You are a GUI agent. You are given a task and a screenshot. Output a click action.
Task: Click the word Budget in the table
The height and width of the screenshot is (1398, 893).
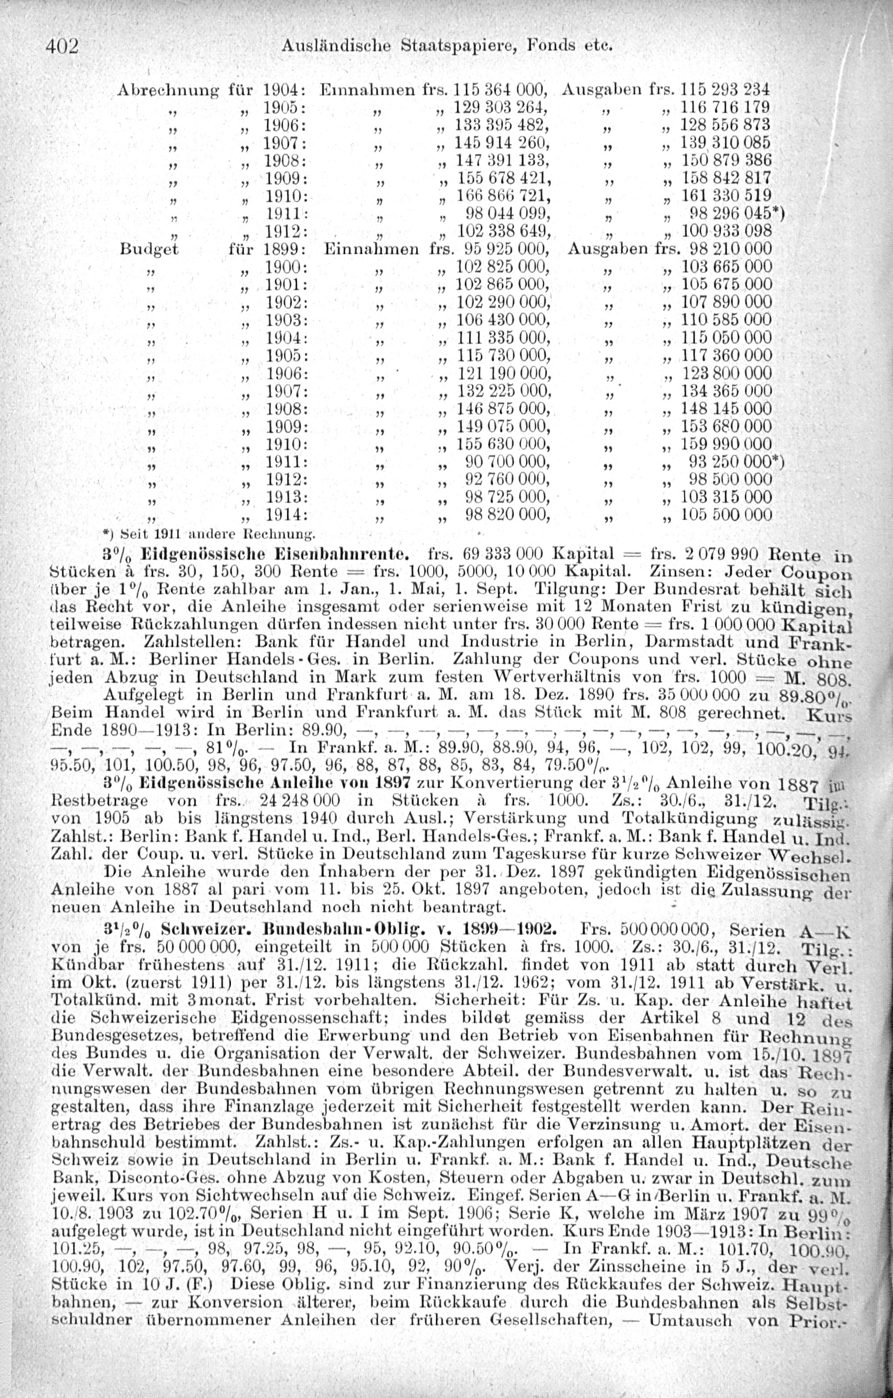(150, 249)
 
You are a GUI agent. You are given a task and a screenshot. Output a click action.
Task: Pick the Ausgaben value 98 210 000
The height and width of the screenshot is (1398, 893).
(730, 249)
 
